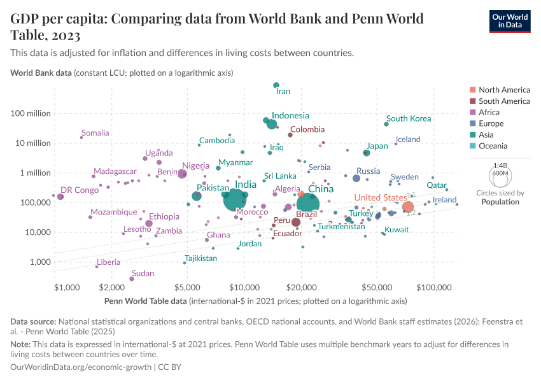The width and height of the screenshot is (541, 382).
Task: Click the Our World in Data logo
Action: click(510, 20)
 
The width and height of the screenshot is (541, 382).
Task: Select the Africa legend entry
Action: click(491, 113)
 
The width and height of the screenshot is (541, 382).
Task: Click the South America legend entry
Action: click(504, 101)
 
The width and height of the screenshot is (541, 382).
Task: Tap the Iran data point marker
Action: click(276, 85)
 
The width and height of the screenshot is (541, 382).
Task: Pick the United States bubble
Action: click(407, 207)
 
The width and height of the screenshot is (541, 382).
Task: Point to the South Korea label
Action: click(409, 118)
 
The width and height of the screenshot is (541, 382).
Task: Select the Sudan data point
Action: click(132, 279)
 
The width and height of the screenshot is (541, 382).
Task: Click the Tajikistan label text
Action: click(201, 258)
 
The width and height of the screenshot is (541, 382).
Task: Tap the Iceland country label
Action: click(408, 139)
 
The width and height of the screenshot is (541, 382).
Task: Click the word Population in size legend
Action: click(500, 202)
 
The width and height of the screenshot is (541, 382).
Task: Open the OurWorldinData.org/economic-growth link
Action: click(81, 367)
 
